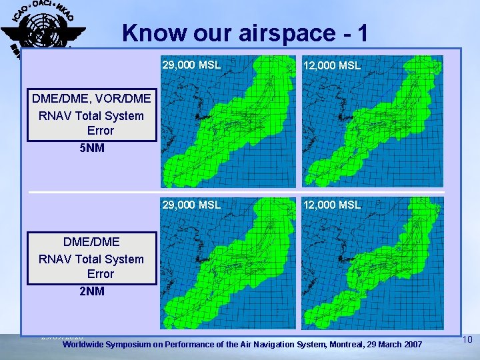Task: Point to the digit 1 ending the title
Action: click(362, 33)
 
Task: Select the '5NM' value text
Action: click(91, 147)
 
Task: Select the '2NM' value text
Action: click(91, 291)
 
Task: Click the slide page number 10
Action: click(467, 340)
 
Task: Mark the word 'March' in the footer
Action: click(386, 344)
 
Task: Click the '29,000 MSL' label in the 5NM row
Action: click(191, 65)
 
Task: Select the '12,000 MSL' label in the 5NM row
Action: click(332, 65)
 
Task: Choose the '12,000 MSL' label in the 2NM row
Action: click(332, 205)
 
